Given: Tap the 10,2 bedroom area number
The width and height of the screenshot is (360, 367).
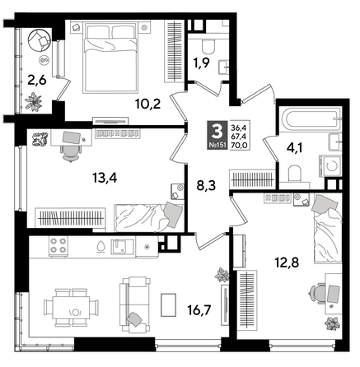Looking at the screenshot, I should [x=125, y=104].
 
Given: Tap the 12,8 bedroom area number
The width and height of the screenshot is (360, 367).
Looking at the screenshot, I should [x=285, y=262].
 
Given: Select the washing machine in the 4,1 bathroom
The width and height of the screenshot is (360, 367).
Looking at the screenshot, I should [x=333, y=163].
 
